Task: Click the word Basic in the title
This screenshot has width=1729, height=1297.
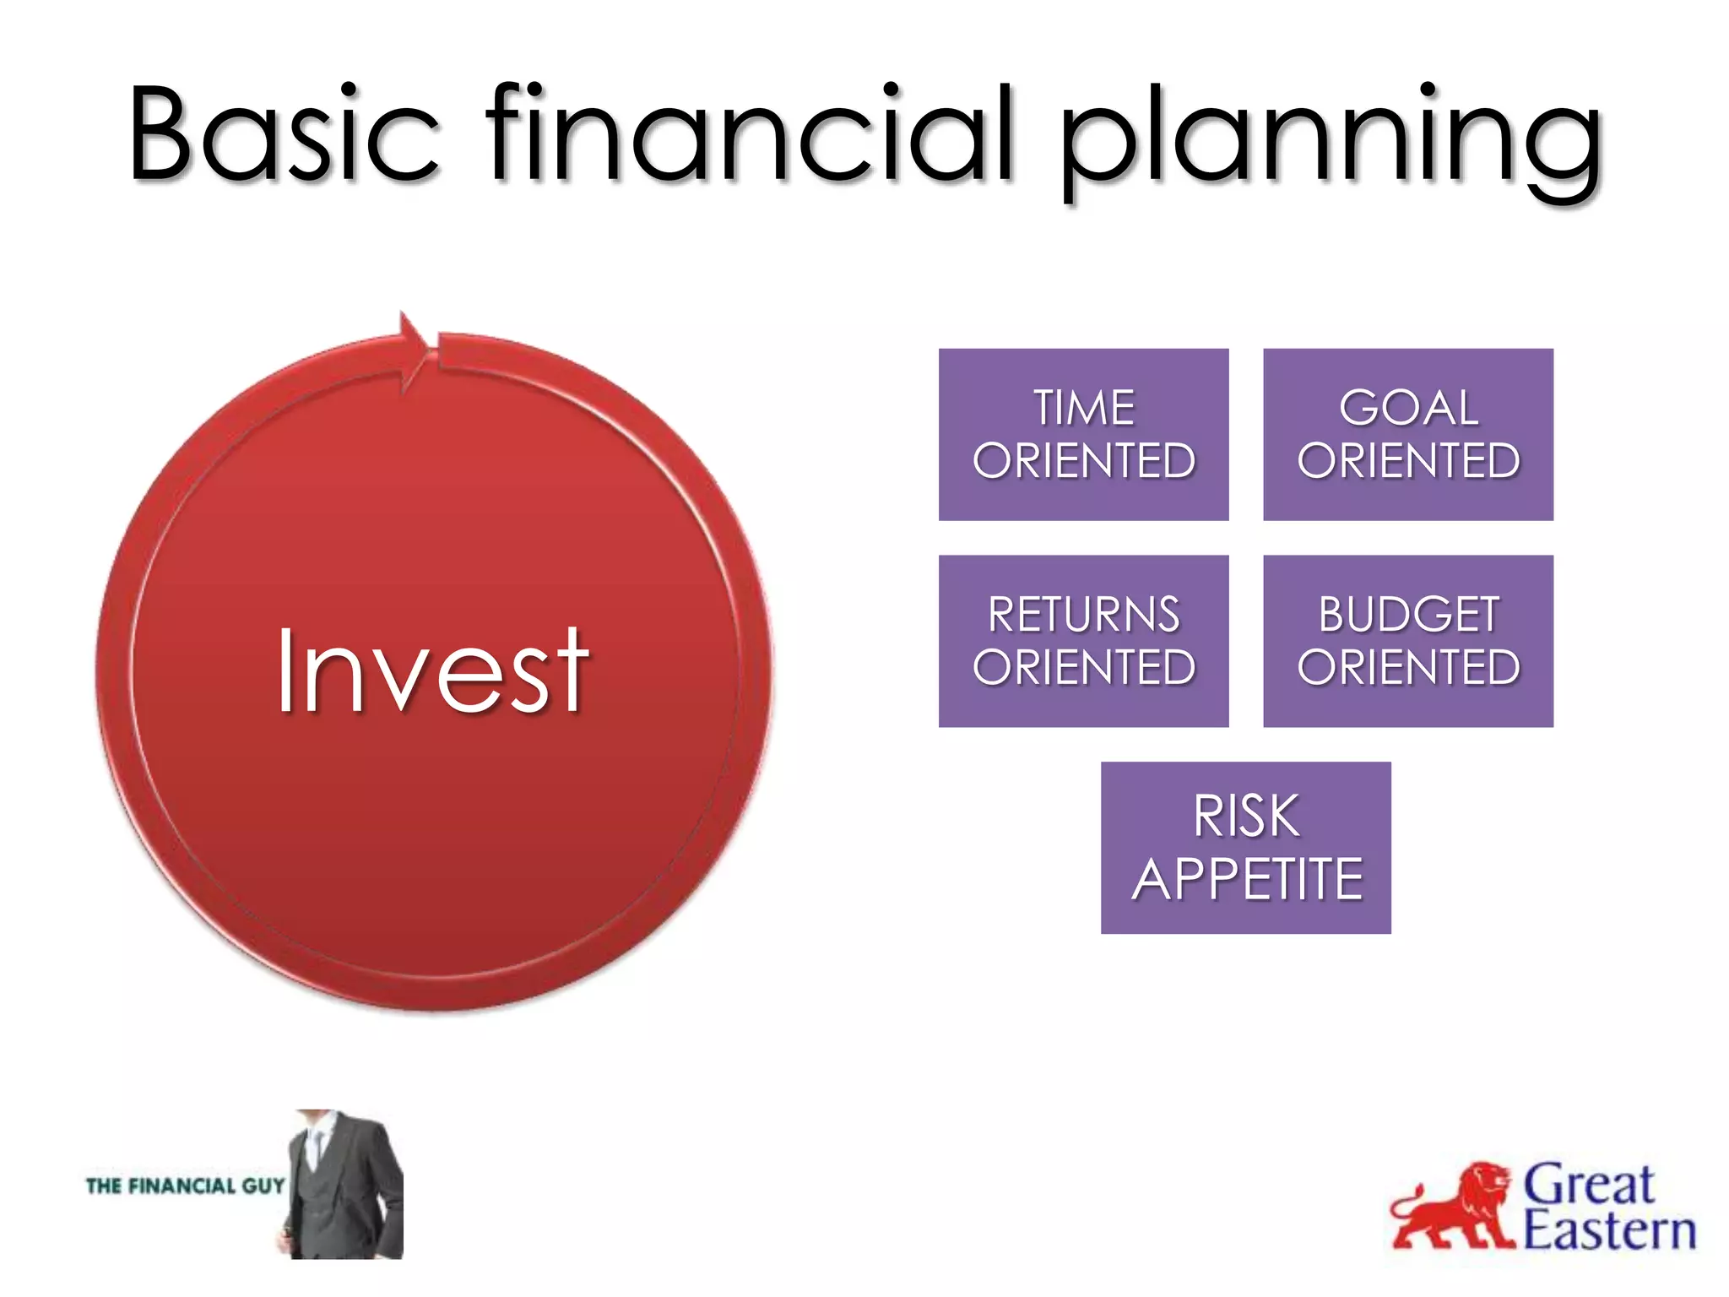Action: [x=283, y=135]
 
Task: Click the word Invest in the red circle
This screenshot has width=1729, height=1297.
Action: [x=432, y=671]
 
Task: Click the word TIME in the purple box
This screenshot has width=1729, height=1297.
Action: [x=1084, y=409]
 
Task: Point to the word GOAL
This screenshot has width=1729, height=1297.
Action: [x=1408, y=409]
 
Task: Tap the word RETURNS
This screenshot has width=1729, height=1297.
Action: [x=1084, y=615]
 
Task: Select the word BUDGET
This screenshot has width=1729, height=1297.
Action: [x=1408, y=615]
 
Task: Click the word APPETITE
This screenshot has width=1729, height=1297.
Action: [x=1247, y=880]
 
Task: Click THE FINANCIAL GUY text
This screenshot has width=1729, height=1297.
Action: [x=185, y=1186]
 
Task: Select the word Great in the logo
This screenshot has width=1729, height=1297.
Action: [x=1587, y=1185]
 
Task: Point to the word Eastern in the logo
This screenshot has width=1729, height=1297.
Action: [x=1608, y=1231]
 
